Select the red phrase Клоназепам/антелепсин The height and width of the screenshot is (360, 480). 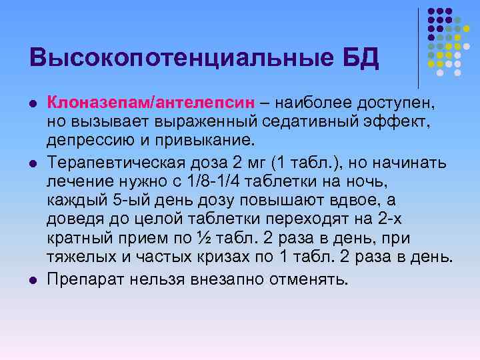151,105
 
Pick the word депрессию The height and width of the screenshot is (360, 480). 93,141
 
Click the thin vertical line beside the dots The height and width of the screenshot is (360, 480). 419,47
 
